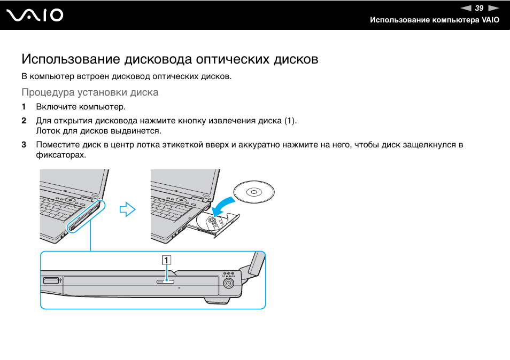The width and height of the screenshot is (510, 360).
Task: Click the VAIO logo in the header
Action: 35,15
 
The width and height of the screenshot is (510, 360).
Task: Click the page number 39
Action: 479,7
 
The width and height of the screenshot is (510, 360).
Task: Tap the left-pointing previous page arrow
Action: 466,7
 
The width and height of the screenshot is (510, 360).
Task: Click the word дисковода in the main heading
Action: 158,59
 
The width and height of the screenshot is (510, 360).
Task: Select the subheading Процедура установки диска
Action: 90,92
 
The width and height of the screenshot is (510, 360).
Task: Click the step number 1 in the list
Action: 24,107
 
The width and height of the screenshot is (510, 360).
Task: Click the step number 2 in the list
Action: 24,121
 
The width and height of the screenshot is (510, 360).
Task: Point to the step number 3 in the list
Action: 24,145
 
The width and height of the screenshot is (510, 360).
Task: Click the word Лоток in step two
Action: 48,131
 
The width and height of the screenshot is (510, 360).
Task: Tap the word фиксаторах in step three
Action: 60,155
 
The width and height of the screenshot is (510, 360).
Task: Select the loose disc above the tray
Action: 254,192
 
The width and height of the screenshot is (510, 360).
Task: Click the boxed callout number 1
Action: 167,260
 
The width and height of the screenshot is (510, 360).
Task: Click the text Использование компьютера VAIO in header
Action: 435,20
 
